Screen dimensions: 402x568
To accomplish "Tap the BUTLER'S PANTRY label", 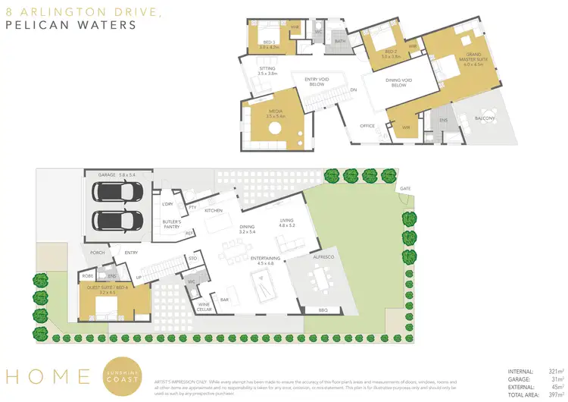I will pyautogui.click(x=172, y=225).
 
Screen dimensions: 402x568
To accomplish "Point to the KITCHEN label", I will pyautogui.click(x=213, y=210).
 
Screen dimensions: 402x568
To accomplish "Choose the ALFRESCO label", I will pyautogui.click(x=324, y=258).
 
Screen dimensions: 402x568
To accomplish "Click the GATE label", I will pyautogui.click(x=405, y=188).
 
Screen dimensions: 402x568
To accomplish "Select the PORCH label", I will pyautogui.click(x=97, y=253).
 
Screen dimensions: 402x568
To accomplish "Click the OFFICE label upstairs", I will pyautogui.click(x=367, y=126).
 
